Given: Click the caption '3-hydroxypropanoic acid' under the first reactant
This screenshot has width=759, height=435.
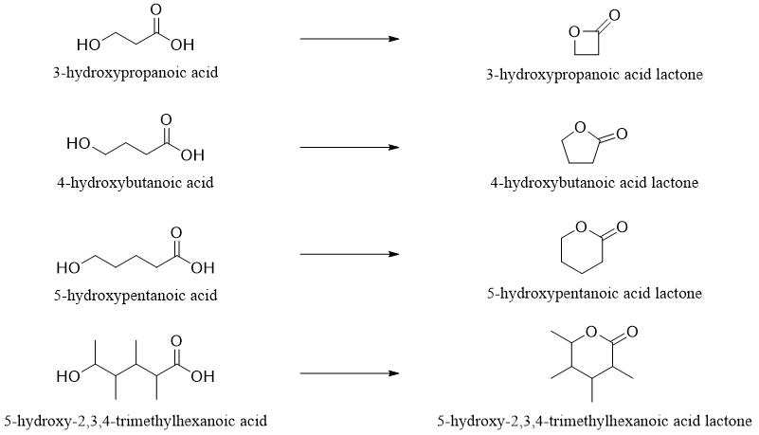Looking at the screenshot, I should [x=136, y=72].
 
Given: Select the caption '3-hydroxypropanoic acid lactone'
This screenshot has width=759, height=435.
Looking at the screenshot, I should [x=594, y=74].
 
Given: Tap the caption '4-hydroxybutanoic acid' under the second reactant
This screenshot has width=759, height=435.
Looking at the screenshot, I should [x=136, y=183].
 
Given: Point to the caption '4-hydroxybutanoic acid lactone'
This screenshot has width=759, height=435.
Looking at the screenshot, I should [x=594, y=183].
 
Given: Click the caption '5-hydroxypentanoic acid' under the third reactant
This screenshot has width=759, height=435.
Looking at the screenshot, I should [x=136, y=295].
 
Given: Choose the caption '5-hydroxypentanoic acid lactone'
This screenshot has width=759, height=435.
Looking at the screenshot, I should [x=594, y=294].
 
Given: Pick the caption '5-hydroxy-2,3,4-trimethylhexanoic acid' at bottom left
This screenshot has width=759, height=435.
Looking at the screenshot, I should [x=136, y=420].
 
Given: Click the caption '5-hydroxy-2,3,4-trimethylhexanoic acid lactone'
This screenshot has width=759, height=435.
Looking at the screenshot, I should [x=594, y=420].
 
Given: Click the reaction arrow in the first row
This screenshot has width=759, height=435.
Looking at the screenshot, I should [x=348, y=39].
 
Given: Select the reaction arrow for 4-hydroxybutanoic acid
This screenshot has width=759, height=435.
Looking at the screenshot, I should [x=348, y=147].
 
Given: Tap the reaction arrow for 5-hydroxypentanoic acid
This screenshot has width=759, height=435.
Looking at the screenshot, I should [x=348, y=254].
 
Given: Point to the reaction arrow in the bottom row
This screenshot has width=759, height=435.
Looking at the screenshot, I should [x=348, y=373].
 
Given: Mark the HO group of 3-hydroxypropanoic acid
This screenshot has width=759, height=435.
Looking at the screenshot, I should [x=88, y=45].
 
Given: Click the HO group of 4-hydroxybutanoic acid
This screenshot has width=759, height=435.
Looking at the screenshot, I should [x=79, y=145].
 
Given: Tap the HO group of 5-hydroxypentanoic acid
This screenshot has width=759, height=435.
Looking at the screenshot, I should [x=68, y=266].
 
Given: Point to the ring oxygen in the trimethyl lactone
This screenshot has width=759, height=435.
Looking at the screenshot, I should [x=589, y=332].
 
